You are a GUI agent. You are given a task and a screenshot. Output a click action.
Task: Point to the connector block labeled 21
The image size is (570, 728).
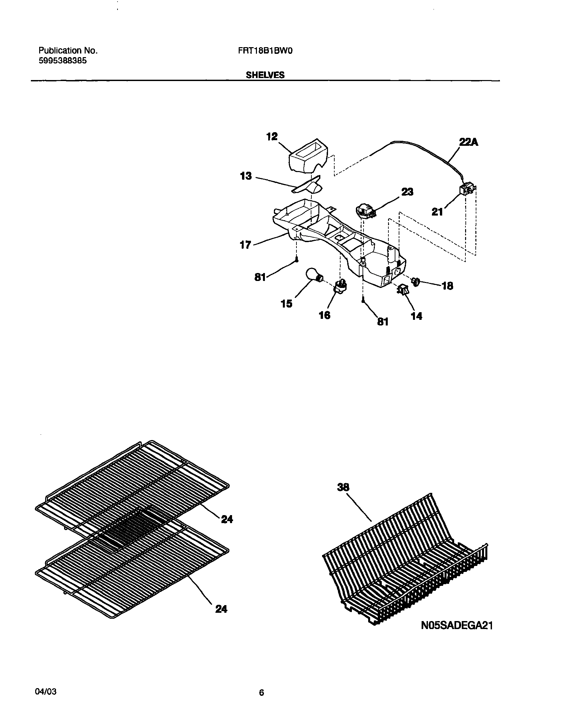[467, 190]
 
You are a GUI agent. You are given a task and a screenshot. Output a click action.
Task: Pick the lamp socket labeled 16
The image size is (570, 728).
[341, 286]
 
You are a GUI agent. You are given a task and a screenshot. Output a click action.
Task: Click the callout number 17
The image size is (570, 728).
[246, 245]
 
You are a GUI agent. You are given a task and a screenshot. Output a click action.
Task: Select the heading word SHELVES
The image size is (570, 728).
[265, 75]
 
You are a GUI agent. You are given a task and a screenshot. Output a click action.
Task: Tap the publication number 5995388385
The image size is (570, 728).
[62, 61]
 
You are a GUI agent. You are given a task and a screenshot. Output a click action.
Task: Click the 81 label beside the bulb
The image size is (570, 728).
[260, 277]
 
